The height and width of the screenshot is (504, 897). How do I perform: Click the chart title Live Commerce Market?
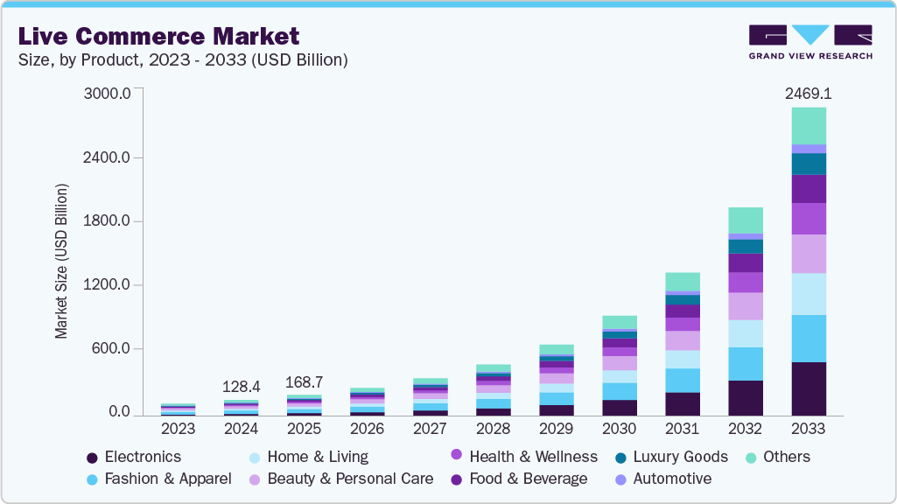[x=158, y=36]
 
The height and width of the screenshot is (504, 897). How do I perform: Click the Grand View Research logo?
[x=810, y=42]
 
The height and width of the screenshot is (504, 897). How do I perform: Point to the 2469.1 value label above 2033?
[x=808, y=92]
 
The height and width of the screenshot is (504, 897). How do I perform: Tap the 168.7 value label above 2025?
[x=305, y=382]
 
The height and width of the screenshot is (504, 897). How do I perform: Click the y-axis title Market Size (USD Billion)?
[x=61, y=261]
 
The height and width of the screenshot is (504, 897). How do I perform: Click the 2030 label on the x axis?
[x=619, y=430]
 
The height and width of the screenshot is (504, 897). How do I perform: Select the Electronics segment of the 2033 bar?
[x=809, y=388]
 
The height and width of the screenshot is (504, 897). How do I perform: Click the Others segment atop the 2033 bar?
[x=809, y=126]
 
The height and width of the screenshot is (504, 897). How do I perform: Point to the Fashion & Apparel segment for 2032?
[x=746, y=363]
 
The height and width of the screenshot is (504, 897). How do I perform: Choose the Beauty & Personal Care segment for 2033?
[x=809, y=254]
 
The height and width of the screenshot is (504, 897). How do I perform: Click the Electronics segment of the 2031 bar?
[x=683, y=403]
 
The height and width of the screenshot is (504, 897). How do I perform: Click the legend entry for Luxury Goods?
[x=679, y=457]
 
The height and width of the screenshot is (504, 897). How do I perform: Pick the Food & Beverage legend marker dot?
[x=456, y=479]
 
